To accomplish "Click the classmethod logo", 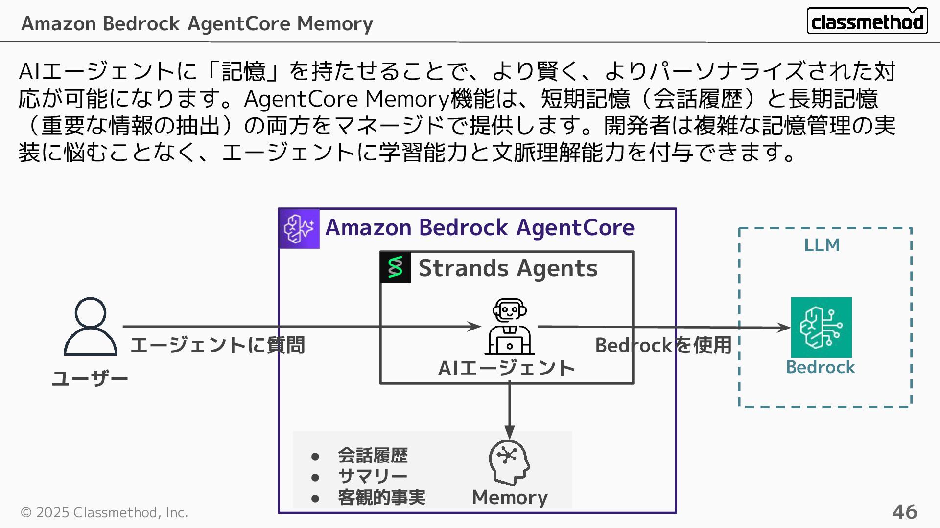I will tap(867, 22).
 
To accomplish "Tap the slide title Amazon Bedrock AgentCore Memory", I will tap(197, 23).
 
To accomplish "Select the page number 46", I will tap(904, 512).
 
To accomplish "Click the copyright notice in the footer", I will tap(104, 512).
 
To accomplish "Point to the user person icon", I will tap(91, 326).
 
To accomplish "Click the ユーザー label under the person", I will tap(90, 378).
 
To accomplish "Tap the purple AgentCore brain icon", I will tap(299, 229).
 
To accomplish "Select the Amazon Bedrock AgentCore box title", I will tap(480, 228).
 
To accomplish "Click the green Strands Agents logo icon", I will tap(395, 267).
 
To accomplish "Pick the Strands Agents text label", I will tap(508, 268).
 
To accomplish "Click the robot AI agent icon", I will tap(509, 327).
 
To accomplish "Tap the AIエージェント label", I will tap(506, 368).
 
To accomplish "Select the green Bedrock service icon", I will tap(821, 327).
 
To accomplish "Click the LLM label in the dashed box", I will tap(822, 245).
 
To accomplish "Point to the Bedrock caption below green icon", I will tap(820, 367).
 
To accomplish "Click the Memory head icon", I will tap(509, 462).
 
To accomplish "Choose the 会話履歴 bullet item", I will tap(373, 456).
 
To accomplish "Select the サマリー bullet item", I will tap(373, 476).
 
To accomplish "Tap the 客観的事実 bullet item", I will tap(381, 497).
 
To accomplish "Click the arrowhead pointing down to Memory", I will tap(509, 433).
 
